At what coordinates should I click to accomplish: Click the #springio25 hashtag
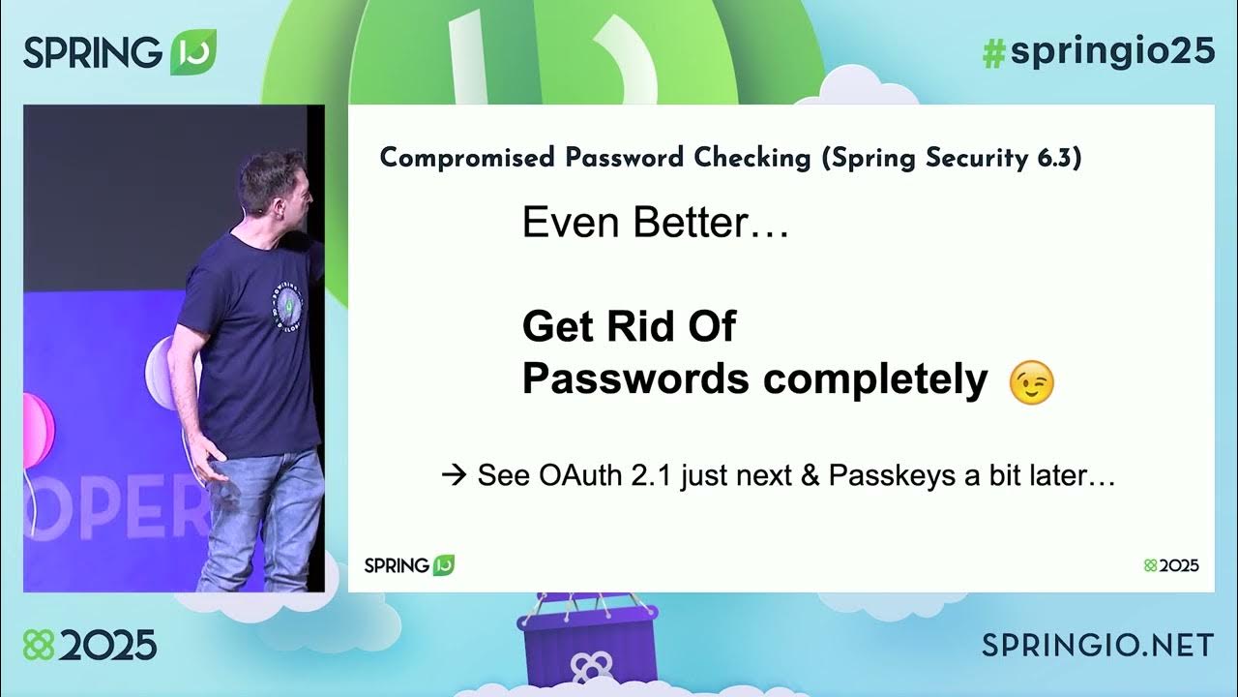click(1098, 52)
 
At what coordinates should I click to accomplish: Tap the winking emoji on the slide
click(1031, 383)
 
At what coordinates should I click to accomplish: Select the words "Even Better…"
click(656, 224)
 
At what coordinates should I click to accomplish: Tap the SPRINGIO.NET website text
click(1098, 644)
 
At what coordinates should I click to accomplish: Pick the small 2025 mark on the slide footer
click(1171, 565)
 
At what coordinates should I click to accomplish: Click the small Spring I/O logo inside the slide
click(408, 565)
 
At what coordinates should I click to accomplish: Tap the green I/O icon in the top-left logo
click(193, 52)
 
